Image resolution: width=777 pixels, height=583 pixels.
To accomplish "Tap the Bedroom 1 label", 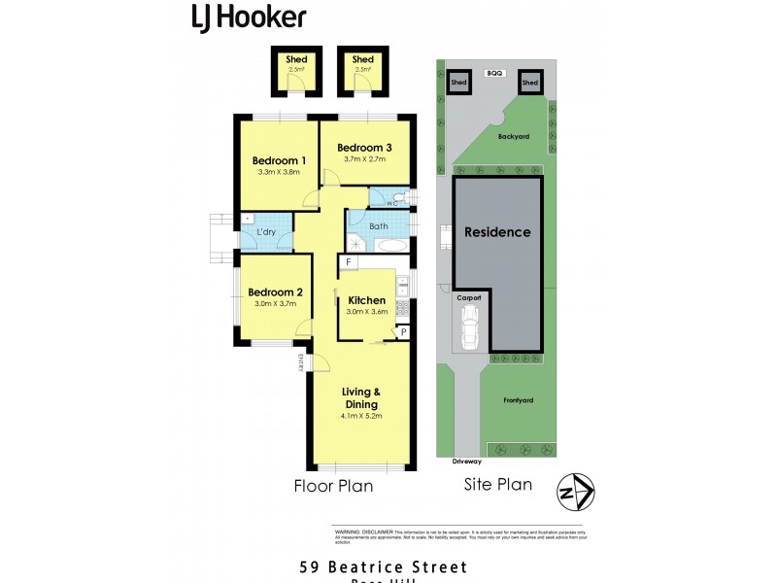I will click(x=280, y=160).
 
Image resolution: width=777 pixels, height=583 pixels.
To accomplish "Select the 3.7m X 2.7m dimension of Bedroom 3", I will click(x=364, y=159).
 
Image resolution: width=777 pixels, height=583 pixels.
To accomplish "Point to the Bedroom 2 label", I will click(x=275, y=292).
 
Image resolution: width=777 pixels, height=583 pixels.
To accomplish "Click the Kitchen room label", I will click(x=366, y=300).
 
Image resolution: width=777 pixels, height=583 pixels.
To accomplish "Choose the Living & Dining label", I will click(x=360, y=397).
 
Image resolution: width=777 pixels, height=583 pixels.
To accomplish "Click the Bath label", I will click(x=378, y=226).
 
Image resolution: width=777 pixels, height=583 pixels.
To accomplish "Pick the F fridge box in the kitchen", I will click(x=348, y=262).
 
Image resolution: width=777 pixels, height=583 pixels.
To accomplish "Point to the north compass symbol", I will click(x=574, y=493).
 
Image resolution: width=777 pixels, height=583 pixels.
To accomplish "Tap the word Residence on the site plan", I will click(x=497, y=232).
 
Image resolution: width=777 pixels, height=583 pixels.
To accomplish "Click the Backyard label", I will click(x=514, y=137).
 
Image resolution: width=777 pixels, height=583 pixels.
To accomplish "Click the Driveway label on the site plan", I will click(x=467, y=461).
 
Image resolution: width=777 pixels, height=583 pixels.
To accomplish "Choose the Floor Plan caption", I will click(x=333, y=486).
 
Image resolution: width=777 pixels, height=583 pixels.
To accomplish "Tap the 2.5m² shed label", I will click(x=296, y=70).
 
